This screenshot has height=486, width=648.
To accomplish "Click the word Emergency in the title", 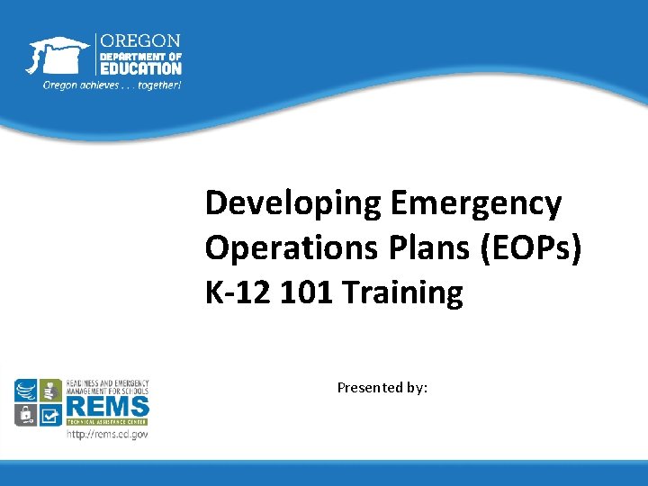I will [x=476, y=203].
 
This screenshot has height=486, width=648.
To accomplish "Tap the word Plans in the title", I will [x=395, y=247].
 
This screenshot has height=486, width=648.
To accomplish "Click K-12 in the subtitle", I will [x=235, y=292].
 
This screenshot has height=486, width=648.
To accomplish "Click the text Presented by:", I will [x=382, y=387].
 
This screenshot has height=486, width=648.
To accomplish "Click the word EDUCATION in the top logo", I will [x=140, y=67].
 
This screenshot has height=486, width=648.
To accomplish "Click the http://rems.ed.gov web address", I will [x=107, y=435].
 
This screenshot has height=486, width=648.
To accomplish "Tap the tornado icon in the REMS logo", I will [x=26, y=391].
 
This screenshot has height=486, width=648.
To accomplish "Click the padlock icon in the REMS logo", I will [x=26, y=415].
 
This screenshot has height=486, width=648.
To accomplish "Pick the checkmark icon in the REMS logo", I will [x=50, y=415].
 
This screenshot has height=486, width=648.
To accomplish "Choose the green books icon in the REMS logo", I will [x=50, y=391].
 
